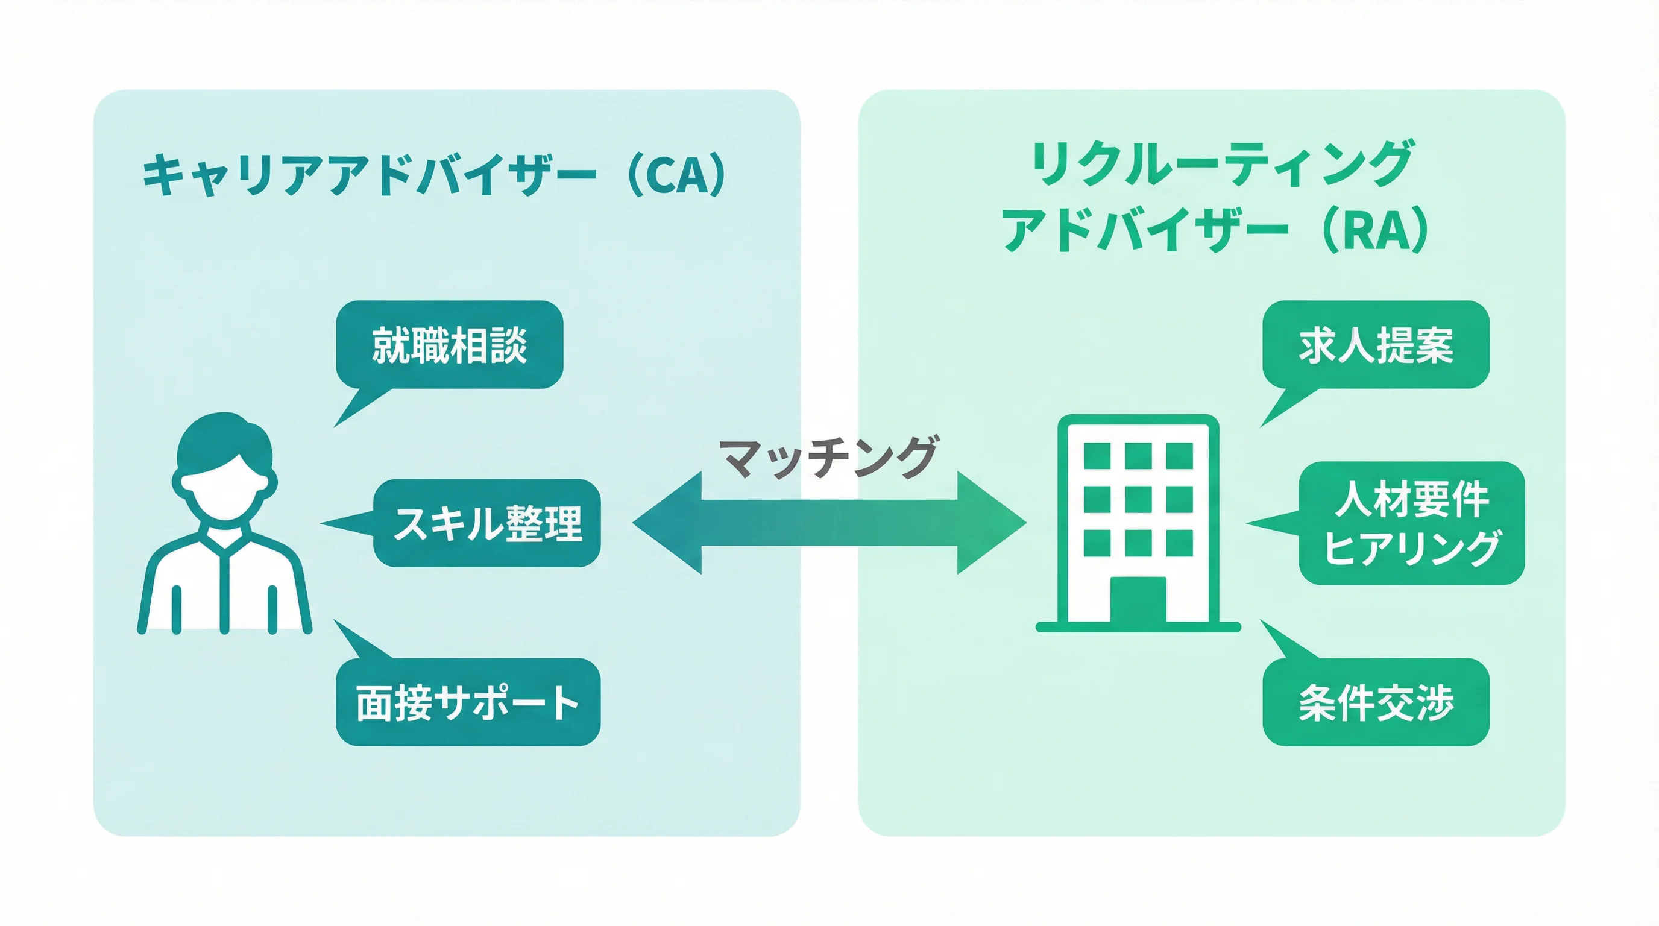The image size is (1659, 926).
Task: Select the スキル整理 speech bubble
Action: [x=487, y=523]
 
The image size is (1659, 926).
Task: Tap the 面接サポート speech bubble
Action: [x=468, y=702]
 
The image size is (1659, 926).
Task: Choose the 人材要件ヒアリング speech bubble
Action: [x=1411, y=523]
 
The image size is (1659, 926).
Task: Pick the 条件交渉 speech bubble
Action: [x=1376, y=702]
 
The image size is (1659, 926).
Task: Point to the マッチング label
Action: [x=829, y=457]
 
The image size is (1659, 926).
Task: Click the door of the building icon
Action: [x=1138, y=599]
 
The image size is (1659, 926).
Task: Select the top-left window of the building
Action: [x=1097, y=456]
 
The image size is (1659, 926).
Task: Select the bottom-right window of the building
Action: [x=1179, y=543]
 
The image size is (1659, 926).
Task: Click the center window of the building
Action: [x=1138, y=499]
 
